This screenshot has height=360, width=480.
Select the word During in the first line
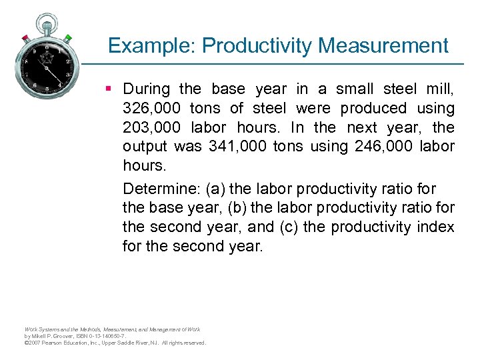[146, 89]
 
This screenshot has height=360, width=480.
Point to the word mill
[439, 89]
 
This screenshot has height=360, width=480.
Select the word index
[437, 227]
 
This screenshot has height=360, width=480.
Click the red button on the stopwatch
[25, 37]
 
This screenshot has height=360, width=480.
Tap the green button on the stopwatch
[69, 37]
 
